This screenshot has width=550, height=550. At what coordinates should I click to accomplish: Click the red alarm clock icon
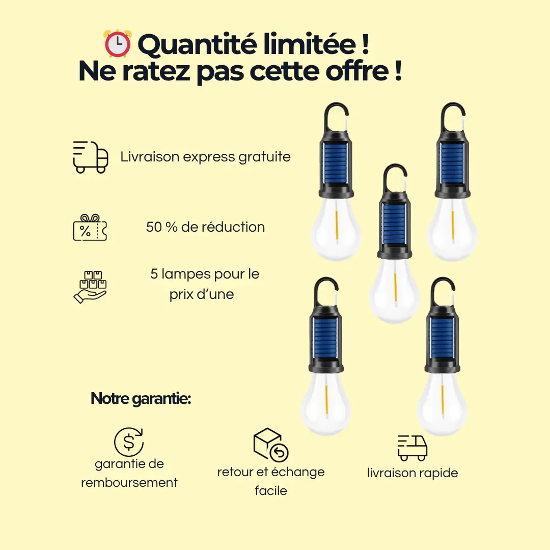(118, 44)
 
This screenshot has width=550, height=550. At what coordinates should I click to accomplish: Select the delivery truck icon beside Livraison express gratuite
(91, 157)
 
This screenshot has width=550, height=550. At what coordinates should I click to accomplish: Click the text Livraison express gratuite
(205, 157)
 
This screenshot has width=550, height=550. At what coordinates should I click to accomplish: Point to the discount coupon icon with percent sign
(90, 228)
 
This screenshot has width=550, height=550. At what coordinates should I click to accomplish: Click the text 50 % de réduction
(205, 227)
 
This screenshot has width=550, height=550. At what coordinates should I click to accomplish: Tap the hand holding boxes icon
(90, 287)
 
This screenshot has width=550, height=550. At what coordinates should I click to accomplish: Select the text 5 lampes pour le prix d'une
(204, 284)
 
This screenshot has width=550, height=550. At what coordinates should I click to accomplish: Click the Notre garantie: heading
(141, 399)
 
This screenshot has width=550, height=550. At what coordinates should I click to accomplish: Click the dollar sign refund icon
(129, 442)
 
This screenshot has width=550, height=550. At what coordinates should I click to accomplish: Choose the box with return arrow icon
(270, 445)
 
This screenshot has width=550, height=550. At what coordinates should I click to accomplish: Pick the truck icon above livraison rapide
(412, 448)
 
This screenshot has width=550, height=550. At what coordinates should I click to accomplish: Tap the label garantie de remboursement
(129, 473)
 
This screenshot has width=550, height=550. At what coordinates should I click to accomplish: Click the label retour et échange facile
(271, 481)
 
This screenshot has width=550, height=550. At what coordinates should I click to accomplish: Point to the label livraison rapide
(413, 473)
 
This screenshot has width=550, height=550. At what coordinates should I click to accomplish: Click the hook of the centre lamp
(395, 176)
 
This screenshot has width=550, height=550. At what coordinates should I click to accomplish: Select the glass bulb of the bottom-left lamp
(325, 402)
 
